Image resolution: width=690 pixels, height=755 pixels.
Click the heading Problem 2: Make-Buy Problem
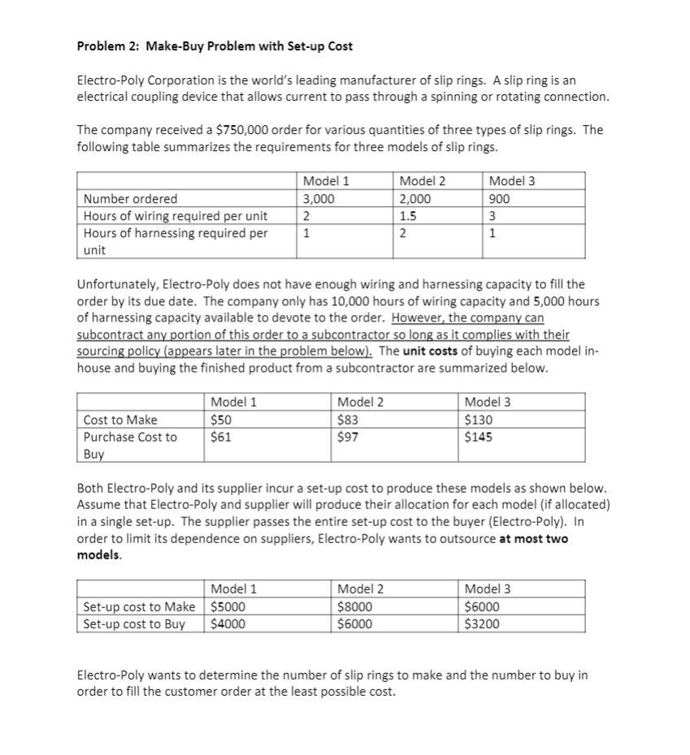tap(214, 45)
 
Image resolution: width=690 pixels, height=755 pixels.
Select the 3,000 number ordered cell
tap(318, 199)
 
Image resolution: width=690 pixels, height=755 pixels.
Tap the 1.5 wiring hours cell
tap(408, 216)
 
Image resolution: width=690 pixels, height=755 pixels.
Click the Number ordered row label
tap(131, 199)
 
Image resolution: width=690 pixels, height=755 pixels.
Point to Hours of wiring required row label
tap(176, 216)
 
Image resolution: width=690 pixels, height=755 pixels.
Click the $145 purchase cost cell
tap(477, 437)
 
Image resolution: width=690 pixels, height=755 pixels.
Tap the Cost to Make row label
tap(120, 420)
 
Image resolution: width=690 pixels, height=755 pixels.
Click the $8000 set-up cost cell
tap(354, 606)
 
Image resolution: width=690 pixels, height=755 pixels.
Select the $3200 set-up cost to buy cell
tap(482, 624)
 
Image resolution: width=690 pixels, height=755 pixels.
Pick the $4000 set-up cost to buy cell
tap(228, 624)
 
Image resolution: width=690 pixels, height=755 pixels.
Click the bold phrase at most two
tap(533, 539)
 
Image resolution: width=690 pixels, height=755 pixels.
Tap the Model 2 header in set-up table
tap(360, 589)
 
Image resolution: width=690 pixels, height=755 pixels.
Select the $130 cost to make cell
tap(477, 420)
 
